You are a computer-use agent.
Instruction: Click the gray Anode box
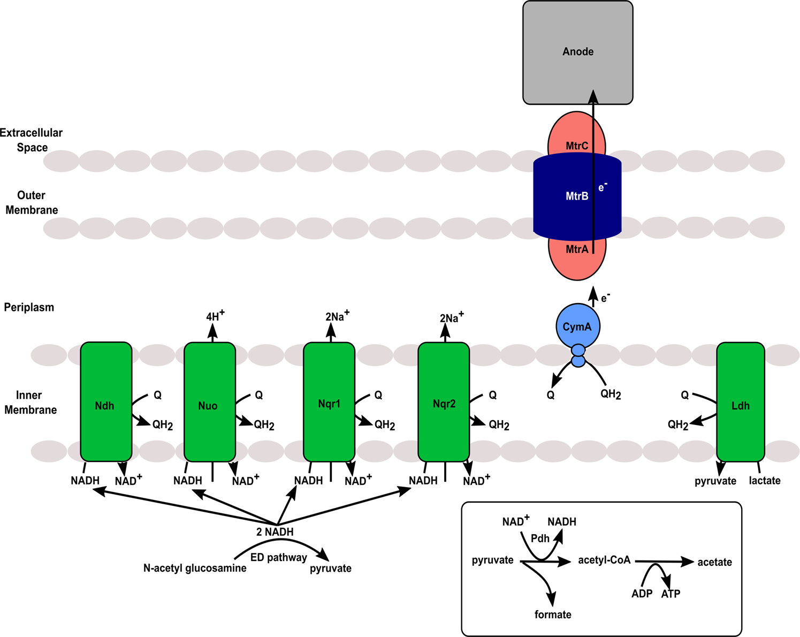coord(577,52)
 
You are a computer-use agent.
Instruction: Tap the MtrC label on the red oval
coord(577,146)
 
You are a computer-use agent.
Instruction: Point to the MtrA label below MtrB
coord(577,249)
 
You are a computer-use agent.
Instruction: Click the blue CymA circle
coord(577,327)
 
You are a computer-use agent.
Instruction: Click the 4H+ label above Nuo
coord(215,316)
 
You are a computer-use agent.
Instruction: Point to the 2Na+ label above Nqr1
coord(337,316)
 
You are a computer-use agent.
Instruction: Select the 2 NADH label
coord(275,532)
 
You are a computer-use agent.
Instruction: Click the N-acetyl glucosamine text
coord(195,568)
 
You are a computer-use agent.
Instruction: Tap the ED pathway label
coord(278,557)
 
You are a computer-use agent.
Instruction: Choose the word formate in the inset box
coord(553,615)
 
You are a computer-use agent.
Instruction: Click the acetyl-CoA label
coord(604,560)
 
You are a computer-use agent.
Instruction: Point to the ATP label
coord(671,594)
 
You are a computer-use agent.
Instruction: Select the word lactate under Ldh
coord(764,481)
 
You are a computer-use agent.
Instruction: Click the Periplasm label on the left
coord(29,307)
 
